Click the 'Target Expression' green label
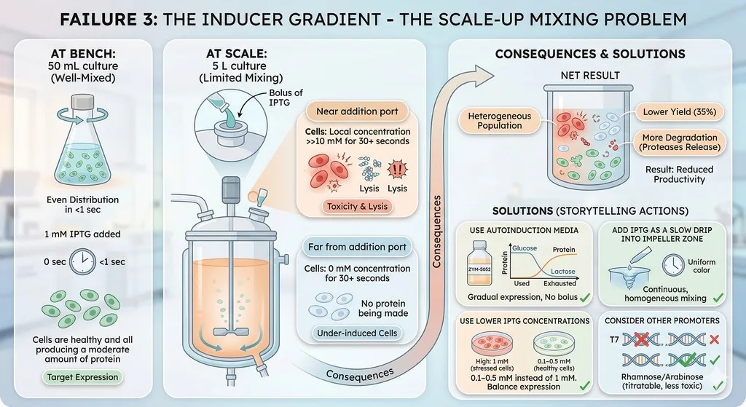[x=83, y=377]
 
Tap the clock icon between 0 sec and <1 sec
[x=83, y=261]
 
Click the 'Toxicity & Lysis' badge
[x=357, y=206]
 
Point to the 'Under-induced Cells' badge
[x=357, y=333]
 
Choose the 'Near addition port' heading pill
[x=357, y=111]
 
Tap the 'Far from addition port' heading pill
[x=357, y=247]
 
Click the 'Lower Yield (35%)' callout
[x=680, y=112]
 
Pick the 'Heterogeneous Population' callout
[x=500, y=121]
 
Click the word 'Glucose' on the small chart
[x=525, y=248]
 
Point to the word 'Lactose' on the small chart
[x=563, y=272]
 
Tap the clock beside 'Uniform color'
[x=673, y=264]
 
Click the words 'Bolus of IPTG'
[x=286, y=98]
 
